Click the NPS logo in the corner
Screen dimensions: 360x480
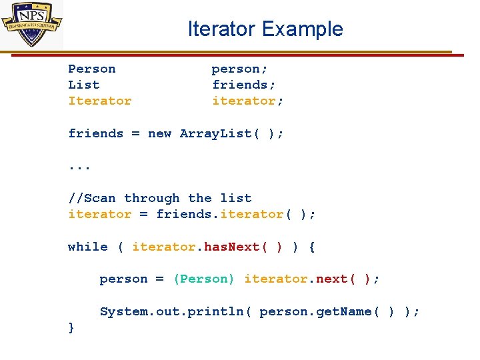coord(32,25)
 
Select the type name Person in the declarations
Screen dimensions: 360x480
coord(92,69)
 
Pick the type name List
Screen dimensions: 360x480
coord(84,85)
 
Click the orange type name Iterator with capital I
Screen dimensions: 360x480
coord(100,101)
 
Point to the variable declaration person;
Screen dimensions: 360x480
coord(240,69)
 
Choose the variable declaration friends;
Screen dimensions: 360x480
coord(244,85)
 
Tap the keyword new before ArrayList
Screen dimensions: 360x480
coord(160,133)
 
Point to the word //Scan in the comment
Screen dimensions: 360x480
coord(92,198)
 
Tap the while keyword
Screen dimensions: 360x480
coord(88,247)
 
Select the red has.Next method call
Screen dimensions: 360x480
coord(243,247)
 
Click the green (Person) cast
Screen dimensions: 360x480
coord(204,279)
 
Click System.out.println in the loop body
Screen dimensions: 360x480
coord(175,311)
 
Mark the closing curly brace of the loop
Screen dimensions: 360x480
coord(71,327)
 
